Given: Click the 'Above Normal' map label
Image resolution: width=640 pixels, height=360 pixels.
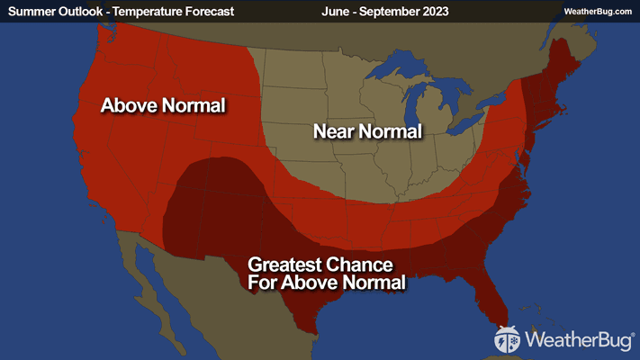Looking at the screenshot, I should point(163,105).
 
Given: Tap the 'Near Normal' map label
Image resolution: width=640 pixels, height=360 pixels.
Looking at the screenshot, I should point(367,131).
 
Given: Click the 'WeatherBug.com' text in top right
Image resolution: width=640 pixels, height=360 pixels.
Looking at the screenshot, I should point(598,12).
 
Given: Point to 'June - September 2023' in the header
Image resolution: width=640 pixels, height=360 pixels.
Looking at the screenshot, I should point(384,12).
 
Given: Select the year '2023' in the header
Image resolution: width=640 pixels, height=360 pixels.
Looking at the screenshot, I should point(433,12).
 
